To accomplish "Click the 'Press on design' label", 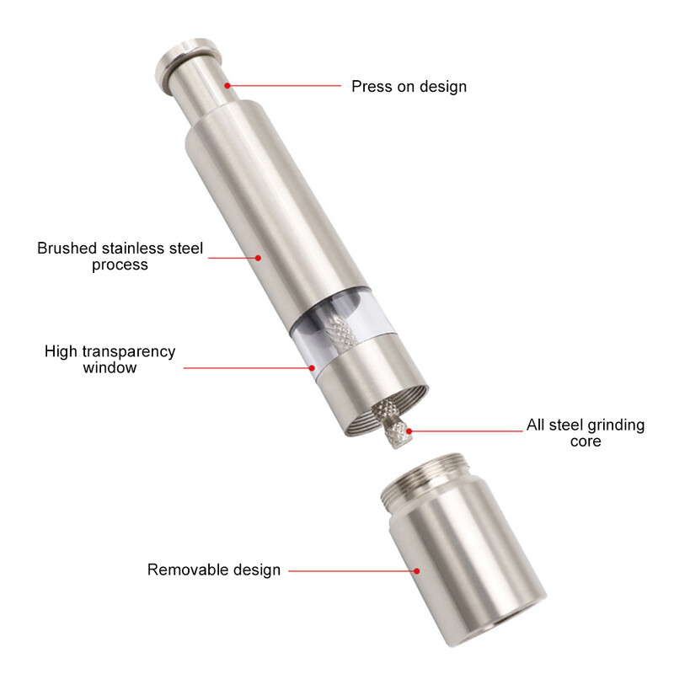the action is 409,87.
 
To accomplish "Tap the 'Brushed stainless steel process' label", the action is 120,256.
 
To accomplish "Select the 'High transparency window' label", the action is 110,360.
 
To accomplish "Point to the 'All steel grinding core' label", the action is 586,433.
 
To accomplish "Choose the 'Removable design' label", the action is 214,570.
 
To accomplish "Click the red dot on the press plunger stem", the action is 227,86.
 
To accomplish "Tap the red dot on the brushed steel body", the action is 258,258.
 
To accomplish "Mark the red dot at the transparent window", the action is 312,368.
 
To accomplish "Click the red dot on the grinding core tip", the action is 409,431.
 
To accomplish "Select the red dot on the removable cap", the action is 416,571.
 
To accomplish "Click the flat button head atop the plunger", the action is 188,62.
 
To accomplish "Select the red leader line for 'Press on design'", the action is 284,86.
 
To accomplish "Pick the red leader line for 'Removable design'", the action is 352,571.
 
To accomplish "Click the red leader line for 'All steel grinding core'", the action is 466,431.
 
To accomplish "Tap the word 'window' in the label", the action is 110,367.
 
